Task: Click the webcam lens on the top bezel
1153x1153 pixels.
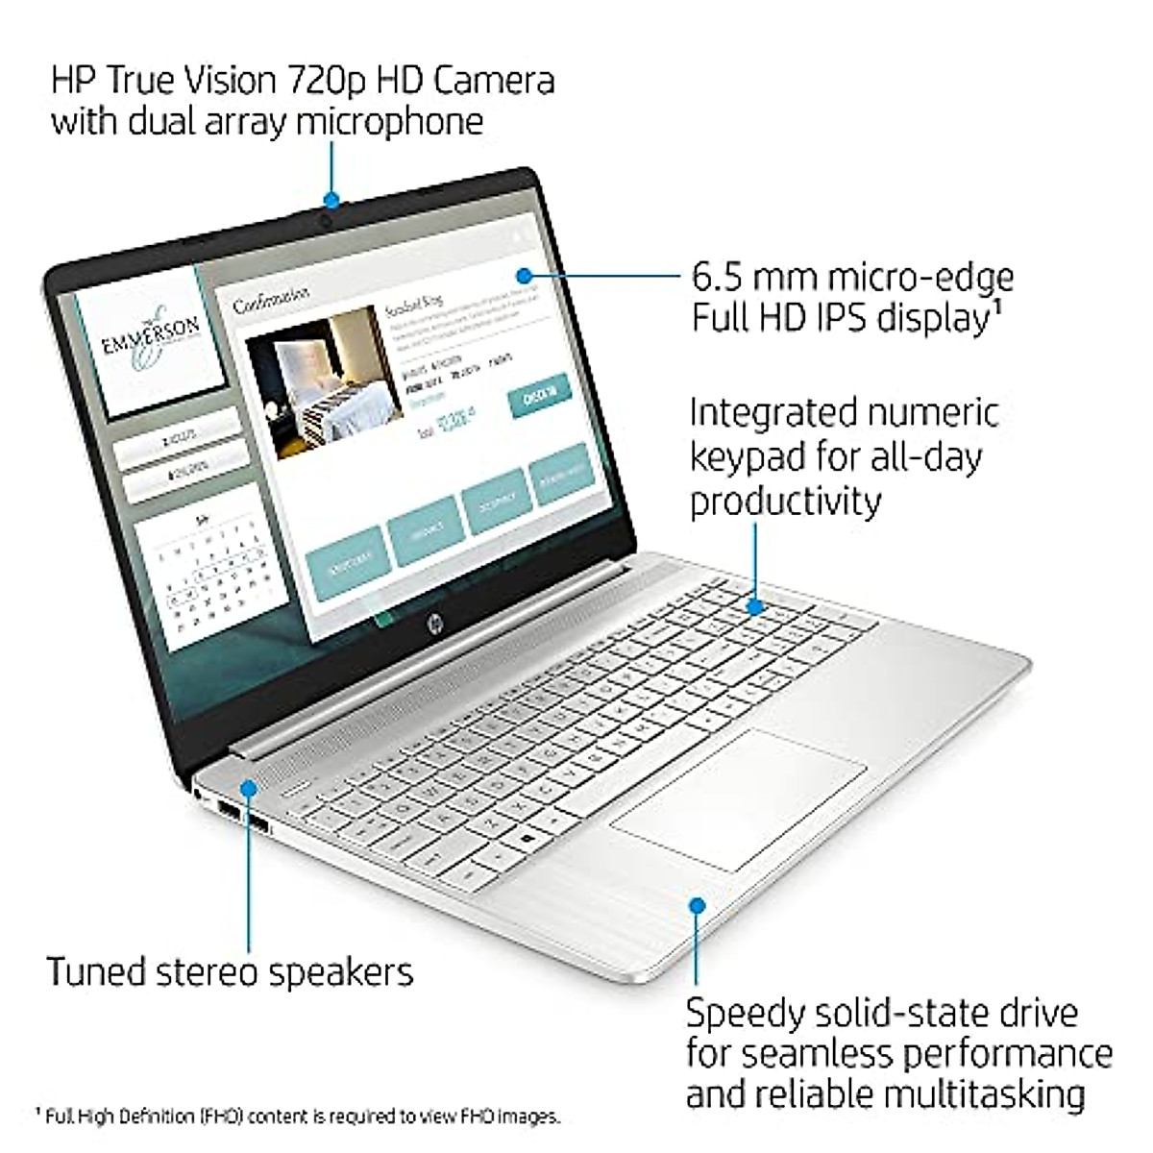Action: [328, 221]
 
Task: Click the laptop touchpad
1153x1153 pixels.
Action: [738, 799]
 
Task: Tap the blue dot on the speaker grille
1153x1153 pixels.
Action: [250, 788]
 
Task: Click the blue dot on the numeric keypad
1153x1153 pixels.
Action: [755, 606]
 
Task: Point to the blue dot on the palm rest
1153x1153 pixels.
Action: [698, 904]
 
